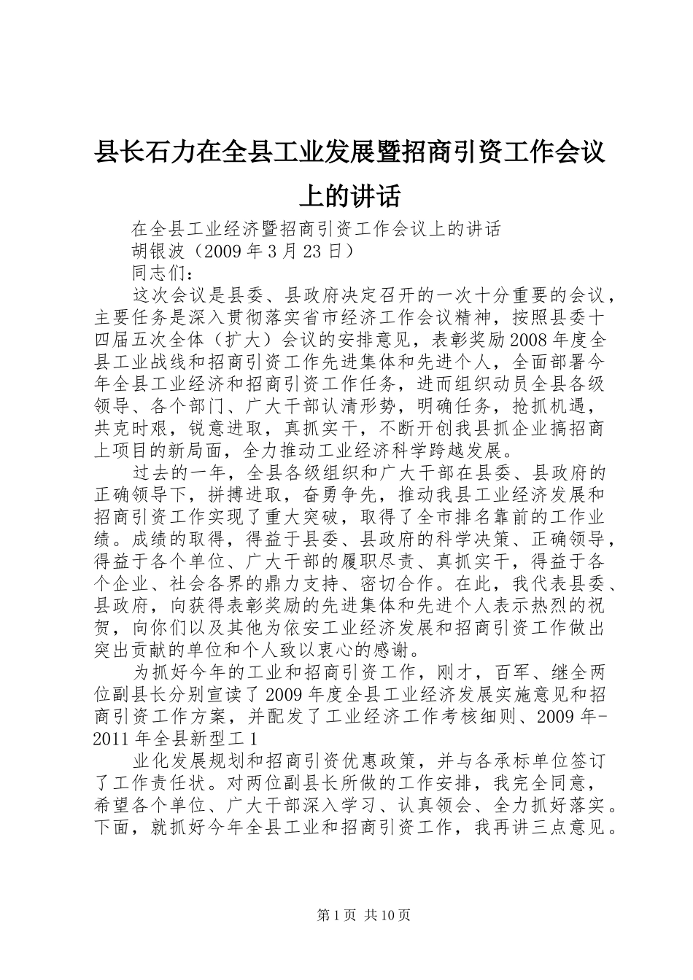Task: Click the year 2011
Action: [113, 738]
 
